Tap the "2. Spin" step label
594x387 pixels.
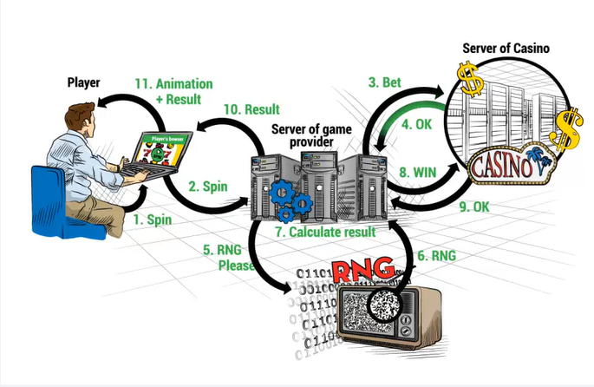pos(209,185)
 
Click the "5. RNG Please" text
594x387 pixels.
pos(228,257)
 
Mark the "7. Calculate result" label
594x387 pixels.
pos(325,233)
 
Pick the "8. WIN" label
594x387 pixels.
pos(417,172)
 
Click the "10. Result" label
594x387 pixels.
pos(251,109)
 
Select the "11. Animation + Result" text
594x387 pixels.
pos(173,91)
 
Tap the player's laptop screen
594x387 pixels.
pos(156,148)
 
